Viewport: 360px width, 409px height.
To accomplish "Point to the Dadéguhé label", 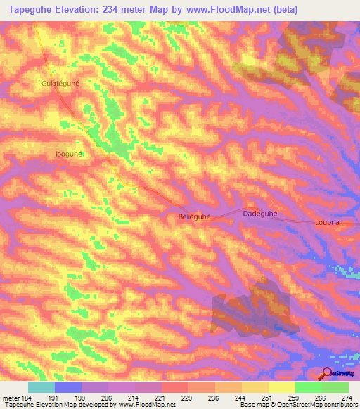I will pos(260,213).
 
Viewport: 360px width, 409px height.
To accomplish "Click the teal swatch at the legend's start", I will pos(41,387).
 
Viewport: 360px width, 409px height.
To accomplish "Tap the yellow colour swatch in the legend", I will pos(282,387).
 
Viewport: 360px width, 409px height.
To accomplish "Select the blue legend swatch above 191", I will pos(68,387).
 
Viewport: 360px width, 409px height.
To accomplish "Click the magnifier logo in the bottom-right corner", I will pos(326,373).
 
